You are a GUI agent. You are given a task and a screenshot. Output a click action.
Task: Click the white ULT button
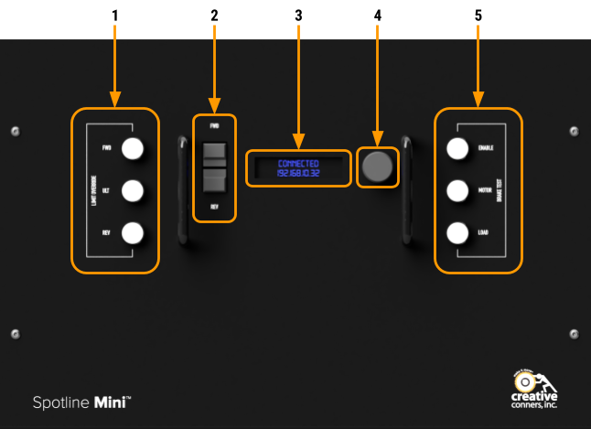pos(134,190)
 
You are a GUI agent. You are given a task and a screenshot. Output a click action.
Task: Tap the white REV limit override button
pos(134,232)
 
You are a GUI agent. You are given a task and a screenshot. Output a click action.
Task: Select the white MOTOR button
pos(458,190)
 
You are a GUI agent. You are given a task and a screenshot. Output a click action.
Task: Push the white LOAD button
pos(458,232)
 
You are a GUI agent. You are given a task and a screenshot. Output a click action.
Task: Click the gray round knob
pos(377,166)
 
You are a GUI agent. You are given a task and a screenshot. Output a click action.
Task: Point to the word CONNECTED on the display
pos(298,163)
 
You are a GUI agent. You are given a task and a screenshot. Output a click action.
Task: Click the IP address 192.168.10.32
pos(298,173)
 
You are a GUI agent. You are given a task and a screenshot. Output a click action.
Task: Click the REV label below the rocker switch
pos(214,207)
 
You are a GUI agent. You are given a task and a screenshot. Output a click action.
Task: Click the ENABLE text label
pos(486,147)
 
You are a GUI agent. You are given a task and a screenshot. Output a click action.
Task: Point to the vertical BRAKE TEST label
pos(500,190)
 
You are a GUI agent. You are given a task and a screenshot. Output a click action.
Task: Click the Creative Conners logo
pos(534,390)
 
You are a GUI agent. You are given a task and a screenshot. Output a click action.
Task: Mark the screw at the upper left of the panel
pos(16,132)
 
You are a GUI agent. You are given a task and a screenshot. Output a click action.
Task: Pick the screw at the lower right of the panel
pos(574,334)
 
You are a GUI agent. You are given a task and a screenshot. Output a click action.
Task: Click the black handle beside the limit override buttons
pos(183,190)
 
